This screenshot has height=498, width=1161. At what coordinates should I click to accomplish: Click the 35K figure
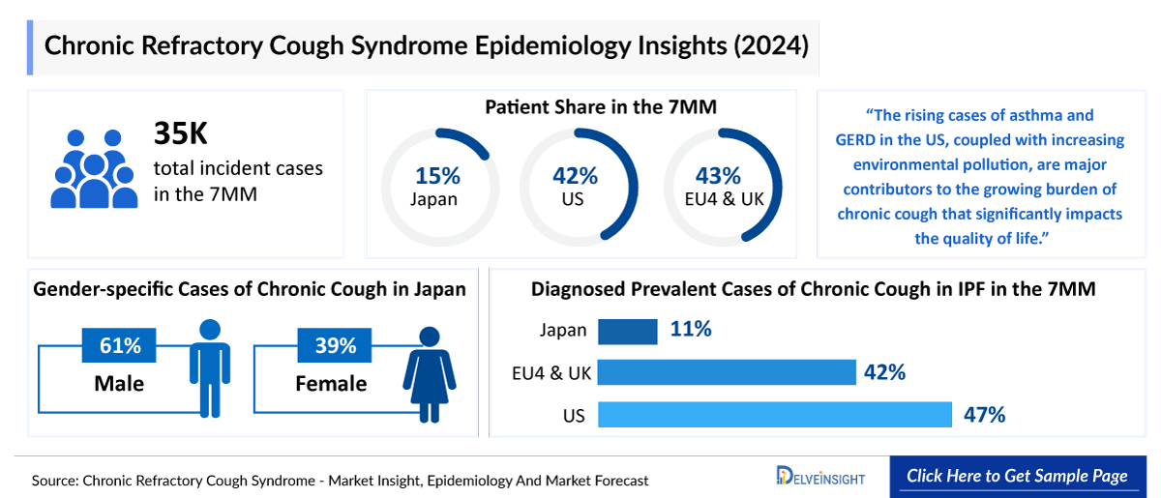181,135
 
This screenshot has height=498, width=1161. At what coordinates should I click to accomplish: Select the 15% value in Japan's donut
438,176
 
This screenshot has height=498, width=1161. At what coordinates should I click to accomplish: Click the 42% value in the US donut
576,176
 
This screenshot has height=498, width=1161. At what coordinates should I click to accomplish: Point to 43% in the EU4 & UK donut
719,176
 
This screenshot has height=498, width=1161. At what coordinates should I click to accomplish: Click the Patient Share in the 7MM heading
601,107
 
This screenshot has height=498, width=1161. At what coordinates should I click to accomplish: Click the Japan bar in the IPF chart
628,331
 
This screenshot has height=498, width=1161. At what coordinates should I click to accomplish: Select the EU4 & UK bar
727,372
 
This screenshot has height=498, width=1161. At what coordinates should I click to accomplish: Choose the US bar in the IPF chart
774,415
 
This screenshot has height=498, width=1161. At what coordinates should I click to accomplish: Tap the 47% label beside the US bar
984,415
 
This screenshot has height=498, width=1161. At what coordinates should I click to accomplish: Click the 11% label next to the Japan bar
691,330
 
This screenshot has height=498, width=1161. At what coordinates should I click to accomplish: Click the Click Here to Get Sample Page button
1016,476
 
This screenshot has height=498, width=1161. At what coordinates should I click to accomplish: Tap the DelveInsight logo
821,476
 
